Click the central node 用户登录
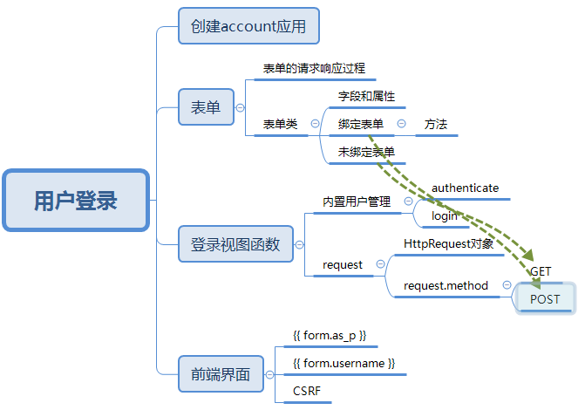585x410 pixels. click(x=76, y=202)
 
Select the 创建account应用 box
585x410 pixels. click(x=248, y=26)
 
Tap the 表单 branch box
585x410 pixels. click(x=206, y=108)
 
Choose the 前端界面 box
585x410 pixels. click(x=220, y=375)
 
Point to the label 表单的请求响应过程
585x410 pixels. click(x=314, y=68)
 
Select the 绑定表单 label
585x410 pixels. click(x=360, y=125)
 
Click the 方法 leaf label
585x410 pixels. click(x=436, y=125)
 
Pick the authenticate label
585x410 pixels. click(x=465, y=188)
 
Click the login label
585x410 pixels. click(x=445, y=215)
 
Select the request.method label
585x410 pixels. click(x=446, y=285)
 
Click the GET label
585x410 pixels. click(x=541, y=272)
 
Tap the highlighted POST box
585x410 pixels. click(x=545, y=299)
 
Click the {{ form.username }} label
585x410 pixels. click(x=344, y=363)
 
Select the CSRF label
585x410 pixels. click(x=307, y=391)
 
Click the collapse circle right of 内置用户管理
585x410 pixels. click(x=408, y=202)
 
